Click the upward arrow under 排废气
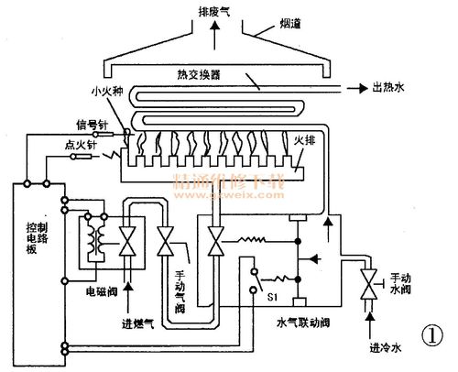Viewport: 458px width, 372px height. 217,32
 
